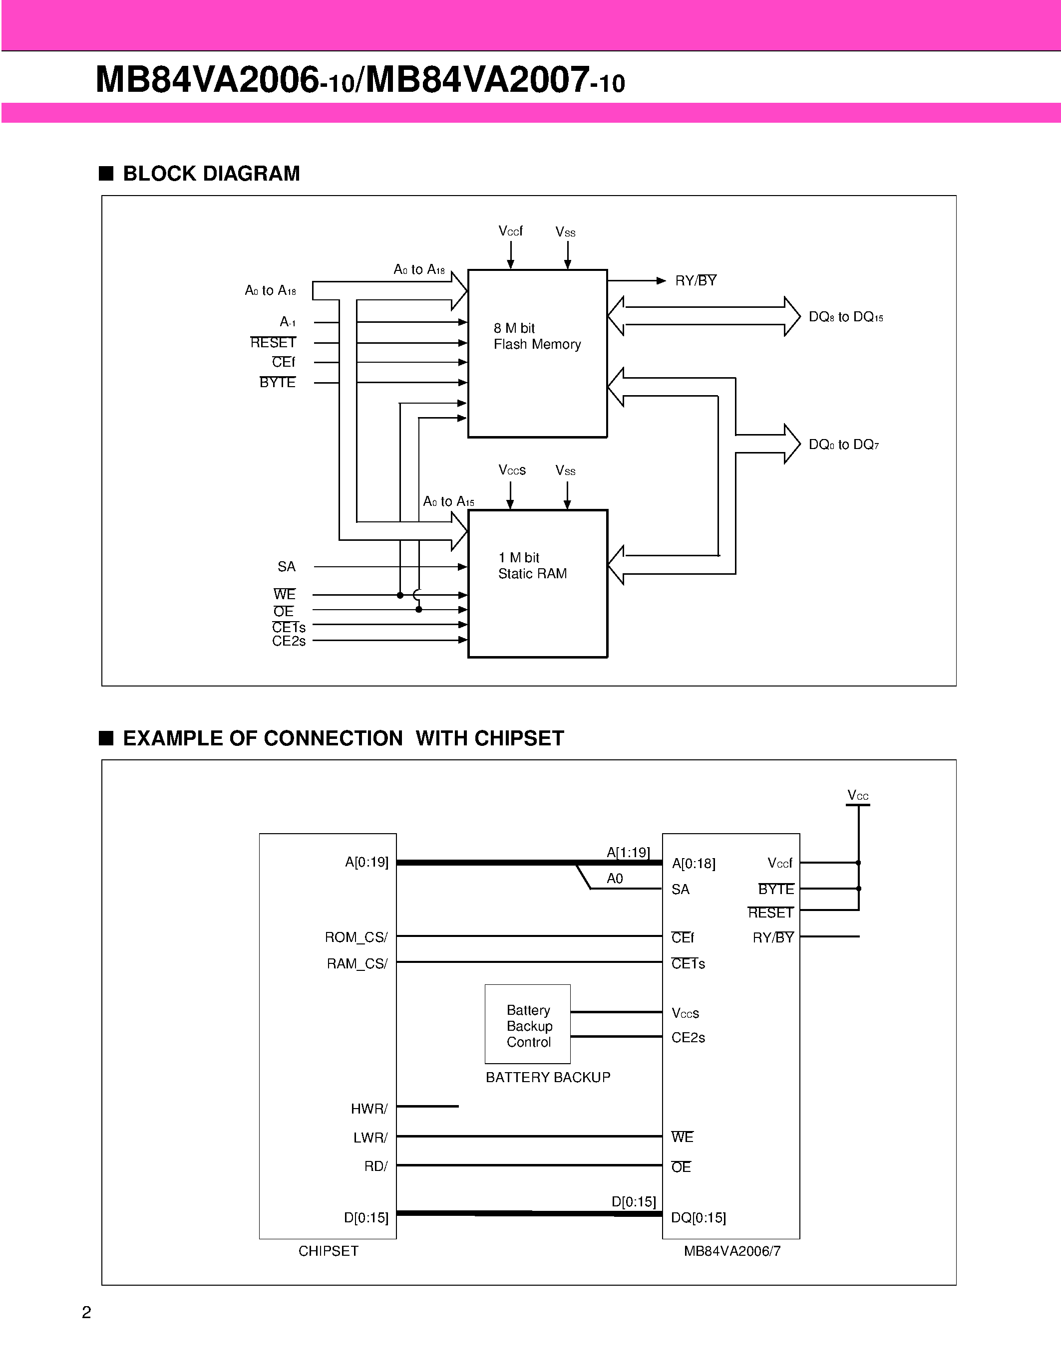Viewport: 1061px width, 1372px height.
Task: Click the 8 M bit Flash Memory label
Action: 537,336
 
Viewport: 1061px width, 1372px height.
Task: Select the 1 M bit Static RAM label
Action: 532,565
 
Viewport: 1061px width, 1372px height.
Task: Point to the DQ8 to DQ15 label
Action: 845,317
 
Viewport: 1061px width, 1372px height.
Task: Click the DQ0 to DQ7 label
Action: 843,445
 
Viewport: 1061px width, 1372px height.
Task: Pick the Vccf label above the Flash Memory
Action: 510,231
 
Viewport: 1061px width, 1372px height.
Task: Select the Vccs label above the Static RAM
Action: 512,470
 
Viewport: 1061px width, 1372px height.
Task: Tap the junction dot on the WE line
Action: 400,595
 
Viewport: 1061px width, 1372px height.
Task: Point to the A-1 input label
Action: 287,322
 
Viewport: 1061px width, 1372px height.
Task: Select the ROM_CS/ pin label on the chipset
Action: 356,937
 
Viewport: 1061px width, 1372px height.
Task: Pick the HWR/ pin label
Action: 369,1109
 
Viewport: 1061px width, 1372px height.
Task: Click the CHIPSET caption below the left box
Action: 328,1251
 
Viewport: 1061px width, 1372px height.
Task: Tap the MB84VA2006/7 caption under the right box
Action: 731,1251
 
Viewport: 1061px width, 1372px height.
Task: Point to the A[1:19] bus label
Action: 627,853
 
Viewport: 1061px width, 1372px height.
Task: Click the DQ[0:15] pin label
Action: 698,1217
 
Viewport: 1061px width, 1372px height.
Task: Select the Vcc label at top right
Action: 857,796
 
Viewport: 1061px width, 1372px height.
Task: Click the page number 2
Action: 87,1312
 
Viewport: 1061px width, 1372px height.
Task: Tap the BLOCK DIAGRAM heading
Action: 211,174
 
